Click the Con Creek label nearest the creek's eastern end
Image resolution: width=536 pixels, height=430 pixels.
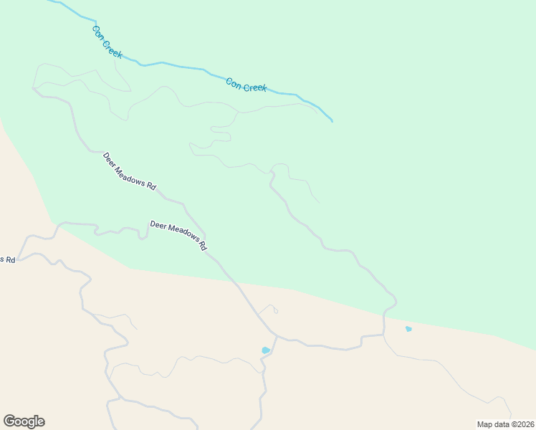coord(246,85)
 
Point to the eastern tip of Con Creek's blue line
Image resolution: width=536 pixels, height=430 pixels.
coord(332,121)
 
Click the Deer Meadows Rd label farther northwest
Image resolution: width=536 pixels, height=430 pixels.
coord(129,171)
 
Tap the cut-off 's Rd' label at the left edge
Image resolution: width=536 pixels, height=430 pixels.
coord(7,259)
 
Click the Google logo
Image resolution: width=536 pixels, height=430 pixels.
coord(24,421)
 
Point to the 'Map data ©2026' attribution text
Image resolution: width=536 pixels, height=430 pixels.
coord(505,424)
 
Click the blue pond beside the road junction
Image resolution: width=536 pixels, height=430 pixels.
coord(266,350)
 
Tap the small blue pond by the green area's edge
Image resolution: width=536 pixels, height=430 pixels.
coord(408,329)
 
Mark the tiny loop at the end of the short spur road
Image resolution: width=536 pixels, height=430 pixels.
coord(275,311)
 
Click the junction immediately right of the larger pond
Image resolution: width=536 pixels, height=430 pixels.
coord(277,338)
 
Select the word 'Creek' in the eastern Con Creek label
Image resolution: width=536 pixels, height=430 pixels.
coord(255,87)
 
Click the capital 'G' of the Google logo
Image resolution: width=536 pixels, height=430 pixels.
coord(9,421)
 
